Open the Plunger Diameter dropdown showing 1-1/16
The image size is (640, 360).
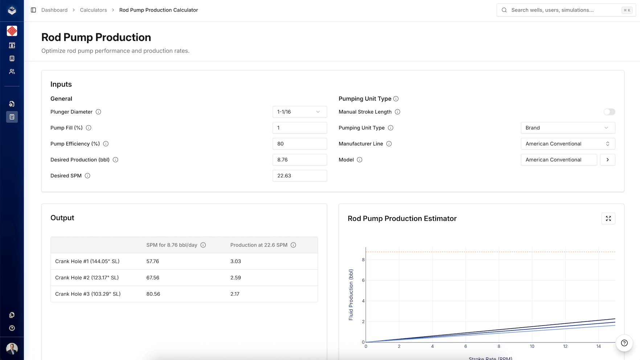coord(299,112)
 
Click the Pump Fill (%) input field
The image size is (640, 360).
coord(299,128)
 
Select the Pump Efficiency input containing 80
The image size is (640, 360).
coord(299,144)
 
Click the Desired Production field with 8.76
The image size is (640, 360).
coord(299,160)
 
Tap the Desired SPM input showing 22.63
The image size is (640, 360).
coord(299,176)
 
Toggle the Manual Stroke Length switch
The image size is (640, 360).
coord(609,112)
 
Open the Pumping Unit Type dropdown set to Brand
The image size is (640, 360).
coord(567,128)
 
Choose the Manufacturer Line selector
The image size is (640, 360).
coord(567,144)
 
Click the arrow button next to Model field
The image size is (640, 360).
coord(607,160)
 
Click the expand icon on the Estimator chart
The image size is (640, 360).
coord(608,219)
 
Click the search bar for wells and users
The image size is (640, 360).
coord(566,10)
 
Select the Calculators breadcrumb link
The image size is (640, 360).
coord(93,10)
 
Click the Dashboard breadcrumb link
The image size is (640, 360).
coord(54,10)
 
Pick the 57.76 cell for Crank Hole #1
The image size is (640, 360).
coord(153,261)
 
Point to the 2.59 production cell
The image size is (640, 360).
coord(235,278)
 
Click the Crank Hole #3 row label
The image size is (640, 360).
coord(88,294)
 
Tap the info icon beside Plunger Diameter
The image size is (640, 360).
coord(98,112)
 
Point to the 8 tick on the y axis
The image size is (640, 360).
coord(363,260)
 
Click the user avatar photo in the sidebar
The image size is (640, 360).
coord(12,348)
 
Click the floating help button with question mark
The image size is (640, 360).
coord(624,343)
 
